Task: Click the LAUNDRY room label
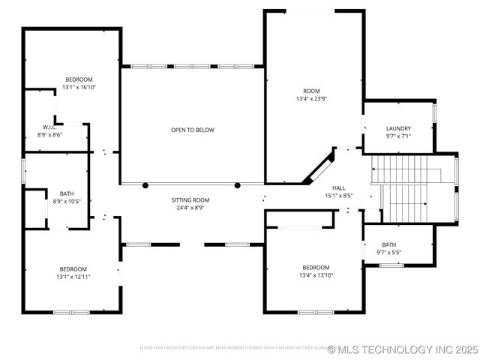(398, 128)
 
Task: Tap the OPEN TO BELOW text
(192, 130)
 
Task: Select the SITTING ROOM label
(190, 200)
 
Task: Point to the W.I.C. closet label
(49, 127)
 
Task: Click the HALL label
(339, 187)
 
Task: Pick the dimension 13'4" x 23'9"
(311, 98)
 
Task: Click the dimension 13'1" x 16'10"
(79, 88)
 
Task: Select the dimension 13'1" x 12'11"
(73, 277)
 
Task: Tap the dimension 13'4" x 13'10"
(316, 275)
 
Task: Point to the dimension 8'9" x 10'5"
(67, 202)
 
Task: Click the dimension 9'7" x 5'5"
(388, 252)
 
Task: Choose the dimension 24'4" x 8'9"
(190, 208)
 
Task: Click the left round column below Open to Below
(145, 185)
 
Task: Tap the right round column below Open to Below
(238, 185)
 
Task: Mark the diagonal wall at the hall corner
(319, 166)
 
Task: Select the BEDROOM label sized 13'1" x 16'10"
(79, 79)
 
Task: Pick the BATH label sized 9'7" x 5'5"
(388, 244)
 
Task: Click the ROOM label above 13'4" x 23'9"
(311, 90)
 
